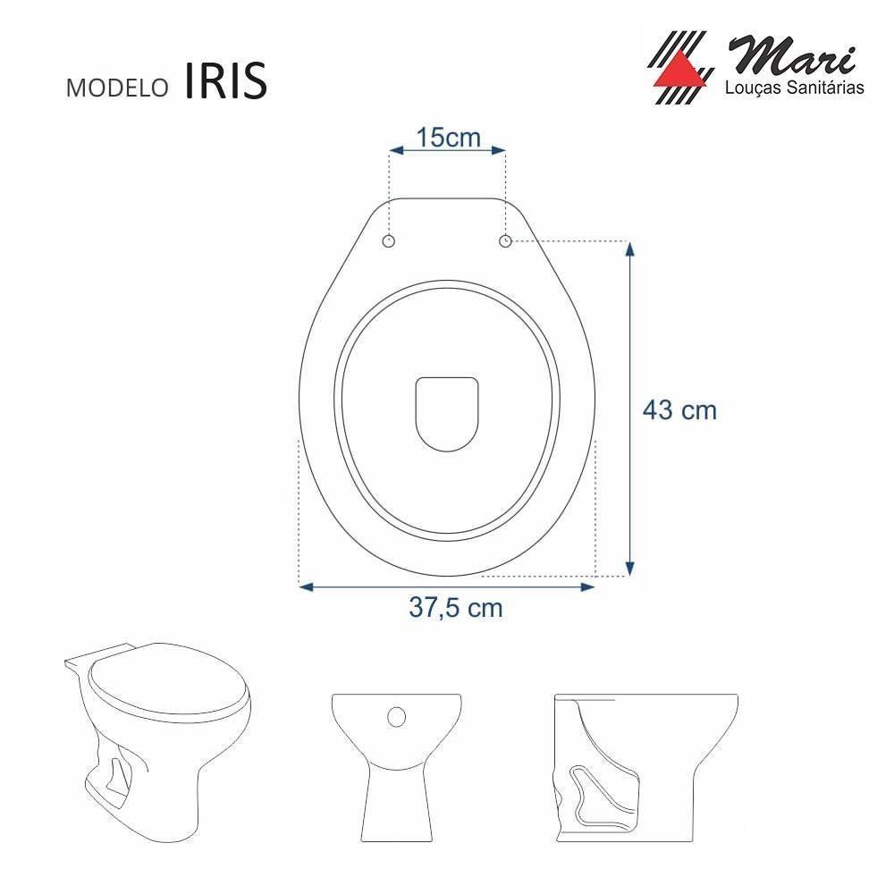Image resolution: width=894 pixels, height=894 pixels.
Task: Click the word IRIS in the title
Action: tap(226, 80)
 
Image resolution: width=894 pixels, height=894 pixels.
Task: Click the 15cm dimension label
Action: tap(448, 138)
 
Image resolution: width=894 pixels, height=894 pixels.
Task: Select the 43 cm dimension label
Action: tap(680, 410)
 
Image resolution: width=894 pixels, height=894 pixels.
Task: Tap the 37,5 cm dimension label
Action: tap(456, 608)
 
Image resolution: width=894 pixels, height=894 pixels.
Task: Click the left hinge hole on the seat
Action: tap(389, 241)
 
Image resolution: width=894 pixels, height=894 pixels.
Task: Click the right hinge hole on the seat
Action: tap(505, 241)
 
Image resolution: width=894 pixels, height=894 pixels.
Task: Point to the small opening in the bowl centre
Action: tap(447, 410)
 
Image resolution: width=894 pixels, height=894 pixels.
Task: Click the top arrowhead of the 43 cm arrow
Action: tap(630, 251)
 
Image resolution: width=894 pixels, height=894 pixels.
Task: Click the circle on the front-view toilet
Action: tap(397, 715)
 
